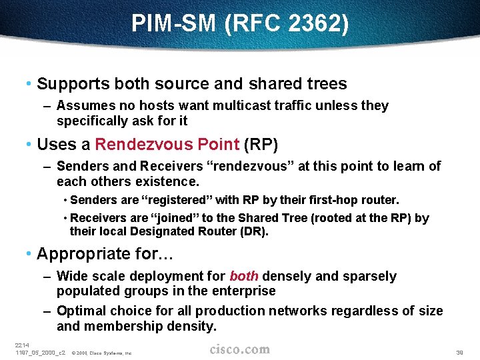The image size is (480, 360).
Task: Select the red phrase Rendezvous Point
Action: click(x=167, y=144)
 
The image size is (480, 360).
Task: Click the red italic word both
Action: click(x=243, y=276)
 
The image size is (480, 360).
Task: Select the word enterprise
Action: click(x=243, y=291)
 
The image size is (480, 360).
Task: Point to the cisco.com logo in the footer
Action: click(x=239, y=349)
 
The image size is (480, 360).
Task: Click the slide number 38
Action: click(x=459, y=352)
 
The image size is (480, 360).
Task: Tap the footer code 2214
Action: click(x=22, y=345)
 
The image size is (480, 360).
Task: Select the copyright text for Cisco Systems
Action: click(x=101, y=353)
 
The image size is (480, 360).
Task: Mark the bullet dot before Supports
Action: click(x=29, y=85)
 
